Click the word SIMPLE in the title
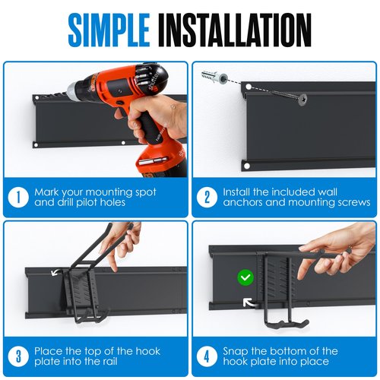coord(109,30)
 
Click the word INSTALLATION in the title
coord(235,30)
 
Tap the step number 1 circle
coord(18,198)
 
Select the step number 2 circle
coord(207,198)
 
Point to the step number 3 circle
coord(18,356)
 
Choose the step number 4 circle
coord(207,356)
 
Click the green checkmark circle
coord(245,277)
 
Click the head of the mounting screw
coord(302,100)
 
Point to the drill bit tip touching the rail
coord(68,90)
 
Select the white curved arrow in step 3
coord(56,272)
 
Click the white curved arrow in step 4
coord(249,303)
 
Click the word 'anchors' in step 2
coord(242,203)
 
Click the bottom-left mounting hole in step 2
coord(247,166)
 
